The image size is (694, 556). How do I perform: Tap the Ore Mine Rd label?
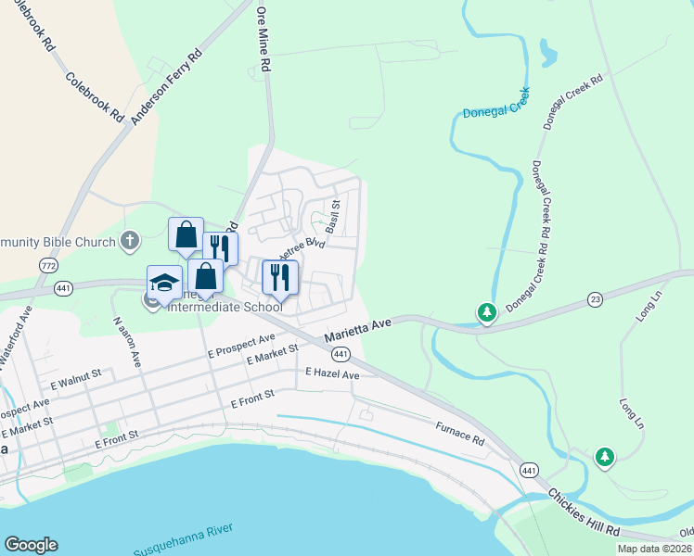[263, 39]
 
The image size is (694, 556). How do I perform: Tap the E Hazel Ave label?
[332, 374]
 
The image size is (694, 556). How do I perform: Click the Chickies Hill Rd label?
[584, 512]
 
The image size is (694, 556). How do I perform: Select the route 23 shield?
[595, 299]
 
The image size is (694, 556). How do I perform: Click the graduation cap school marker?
[163, 282]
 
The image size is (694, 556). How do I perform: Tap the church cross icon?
[130, 242]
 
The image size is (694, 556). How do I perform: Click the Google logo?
[31, 545]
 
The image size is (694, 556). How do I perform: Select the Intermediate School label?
[224, 306]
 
